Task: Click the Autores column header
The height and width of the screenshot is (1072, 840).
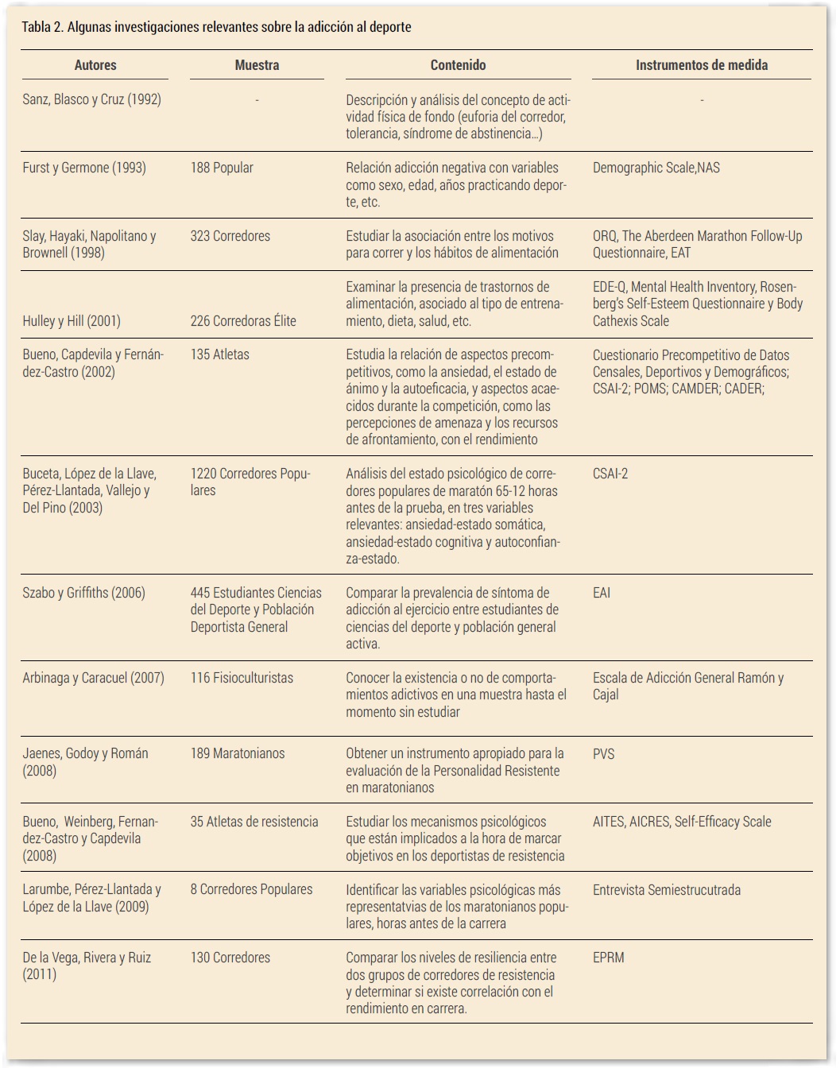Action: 95,65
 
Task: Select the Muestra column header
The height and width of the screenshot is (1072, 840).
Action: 257,65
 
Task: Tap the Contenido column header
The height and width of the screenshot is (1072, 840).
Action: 458,65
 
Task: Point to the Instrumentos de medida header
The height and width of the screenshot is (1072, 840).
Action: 701,65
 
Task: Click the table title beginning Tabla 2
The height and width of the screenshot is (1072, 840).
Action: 216,27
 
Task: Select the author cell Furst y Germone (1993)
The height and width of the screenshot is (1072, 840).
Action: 84,168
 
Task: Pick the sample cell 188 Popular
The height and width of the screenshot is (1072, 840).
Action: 222,168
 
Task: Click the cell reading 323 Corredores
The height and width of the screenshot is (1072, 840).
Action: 230,236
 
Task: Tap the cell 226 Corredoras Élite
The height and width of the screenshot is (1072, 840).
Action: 243,321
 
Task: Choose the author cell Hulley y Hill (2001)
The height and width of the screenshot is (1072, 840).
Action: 72,321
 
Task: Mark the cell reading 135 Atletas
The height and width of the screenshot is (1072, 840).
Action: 219,354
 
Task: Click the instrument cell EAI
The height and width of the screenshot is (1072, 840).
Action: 602,593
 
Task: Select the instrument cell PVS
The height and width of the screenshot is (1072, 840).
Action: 603,753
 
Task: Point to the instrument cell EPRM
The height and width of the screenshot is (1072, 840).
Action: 608,958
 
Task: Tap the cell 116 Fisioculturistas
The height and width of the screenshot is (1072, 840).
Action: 242,678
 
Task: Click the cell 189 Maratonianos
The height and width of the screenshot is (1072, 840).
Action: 237,753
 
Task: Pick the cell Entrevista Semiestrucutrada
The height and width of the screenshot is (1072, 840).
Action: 666,890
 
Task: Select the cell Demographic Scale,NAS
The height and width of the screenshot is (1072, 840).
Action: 656,168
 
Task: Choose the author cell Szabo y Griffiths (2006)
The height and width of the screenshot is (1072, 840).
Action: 83,593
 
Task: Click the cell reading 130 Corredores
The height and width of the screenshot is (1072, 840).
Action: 230,958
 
